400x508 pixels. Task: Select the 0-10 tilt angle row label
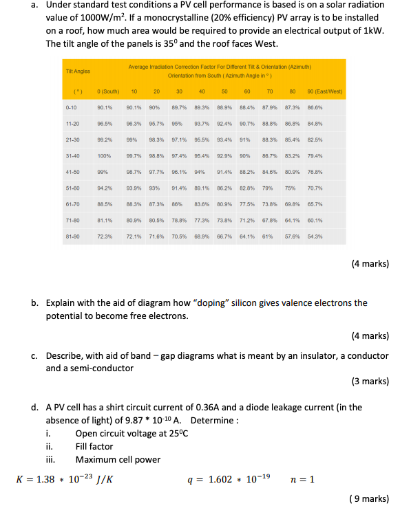click(72, 107)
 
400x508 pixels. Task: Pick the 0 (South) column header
click(109, 91)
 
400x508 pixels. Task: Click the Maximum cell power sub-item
click(118, 459)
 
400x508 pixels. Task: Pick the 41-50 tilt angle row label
click(72, 172)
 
